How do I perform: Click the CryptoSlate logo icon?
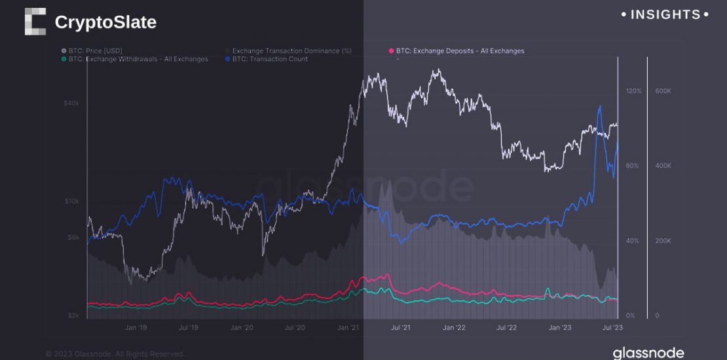[35, 22]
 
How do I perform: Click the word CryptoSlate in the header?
[105, 22]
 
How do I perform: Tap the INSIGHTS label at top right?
[664, 14]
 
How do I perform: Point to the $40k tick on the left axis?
[71, 103]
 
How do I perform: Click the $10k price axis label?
[71, 201]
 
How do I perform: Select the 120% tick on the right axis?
[633, 91]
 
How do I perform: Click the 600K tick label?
[663, 91]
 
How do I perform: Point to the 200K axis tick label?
[663, 241]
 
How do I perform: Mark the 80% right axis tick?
[632, 166]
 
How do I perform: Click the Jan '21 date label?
[348, 327]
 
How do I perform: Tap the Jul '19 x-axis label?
[189, 327]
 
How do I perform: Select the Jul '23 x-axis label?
[612, 327]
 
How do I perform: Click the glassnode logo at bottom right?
[648, 353]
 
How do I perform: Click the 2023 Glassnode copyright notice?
[115, 354]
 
